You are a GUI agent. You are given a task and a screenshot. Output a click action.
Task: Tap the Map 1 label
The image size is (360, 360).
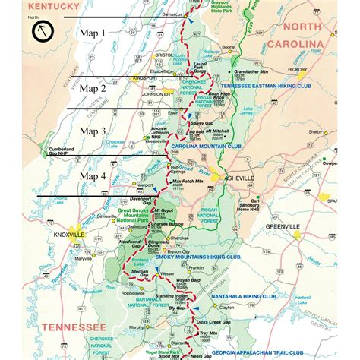(97, 33)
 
